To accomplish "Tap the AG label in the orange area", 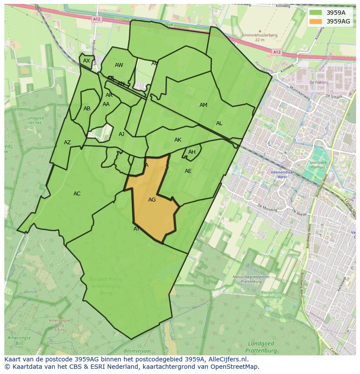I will coord(152,200).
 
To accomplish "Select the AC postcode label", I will coord(77,194).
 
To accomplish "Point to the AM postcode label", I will coord(203,105).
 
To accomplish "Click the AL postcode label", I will coord(219,123).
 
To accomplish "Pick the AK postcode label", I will coord(178,140).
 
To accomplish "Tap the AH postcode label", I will coord(192,152).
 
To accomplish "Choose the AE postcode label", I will coord(188,171).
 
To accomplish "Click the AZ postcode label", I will coord(67,142).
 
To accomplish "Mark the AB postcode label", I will coord(87,109).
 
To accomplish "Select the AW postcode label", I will coord(119,65).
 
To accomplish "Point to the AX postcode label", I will coord(87,61).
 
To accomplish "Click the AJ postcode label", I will coord(121,134).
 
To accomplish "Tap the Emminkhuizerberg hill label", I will coord(260,35).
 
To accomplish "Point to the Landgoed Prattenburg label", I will coord(261,347).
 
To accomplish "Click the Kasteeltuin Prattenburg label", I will coord(272,295).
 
